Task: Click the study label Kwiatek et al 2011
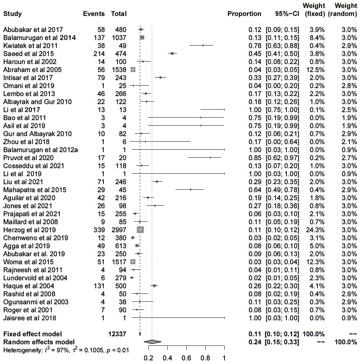31,46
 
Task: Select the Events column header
94,14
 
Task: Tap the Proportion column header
244,14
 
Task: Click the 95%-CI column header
287,14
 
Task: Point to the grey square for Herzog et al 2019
140,230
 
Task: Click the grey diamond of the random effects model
153,342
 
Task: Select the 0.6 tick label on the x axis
186,358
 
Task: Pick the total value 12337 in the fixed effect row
117,334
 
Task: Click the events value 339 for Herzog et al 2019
99,230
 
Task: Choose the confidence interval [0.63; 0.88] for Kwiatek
282,46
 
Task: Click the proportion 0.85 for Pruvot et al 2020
255,158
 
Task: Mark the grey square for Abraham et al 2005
133,70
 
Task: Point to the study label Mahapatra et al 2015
35,190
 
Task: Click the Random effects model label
39,342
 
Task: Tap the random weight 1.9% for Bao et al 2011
349,118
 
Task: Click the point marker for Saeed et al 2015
172,54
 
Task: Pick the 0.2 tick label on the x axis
149,358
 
